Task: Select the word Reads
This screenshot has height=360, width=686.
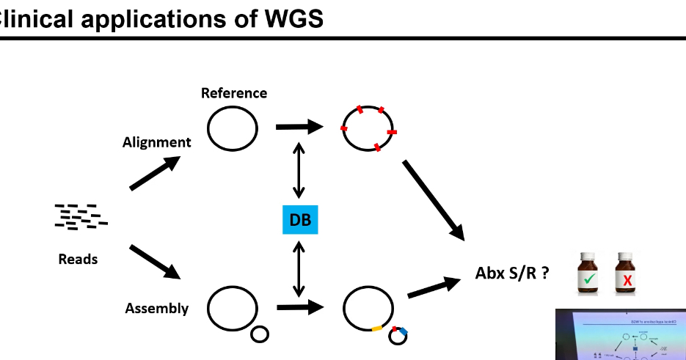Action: (78, 259)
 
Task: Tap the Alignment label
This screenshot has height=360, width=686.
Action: (156, 142)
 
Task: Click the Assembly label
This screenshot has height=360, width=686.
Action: (156, 308)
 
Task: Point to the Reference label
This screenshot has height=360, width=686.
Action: (234, 93)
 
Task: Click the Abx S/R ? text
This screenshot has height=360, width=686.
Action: (513, 273)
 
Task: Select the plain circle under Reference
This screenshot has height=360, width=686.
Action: (232, 128)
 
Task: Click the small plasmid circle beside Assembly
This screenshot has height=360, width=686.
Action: (260, 335)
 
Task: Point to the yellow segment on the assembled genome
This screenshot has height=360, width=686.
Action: (378, 328)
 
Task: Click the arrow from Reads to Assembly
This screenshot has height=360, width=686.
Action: (155, 262)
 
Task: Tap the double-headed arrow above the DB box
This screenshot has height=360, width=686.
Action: (299, 171)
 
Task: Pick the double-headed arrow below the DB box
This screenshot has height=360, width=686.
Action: (299, 267)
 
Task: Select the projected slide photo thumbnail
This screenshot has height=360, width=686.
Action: (620, 334)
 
